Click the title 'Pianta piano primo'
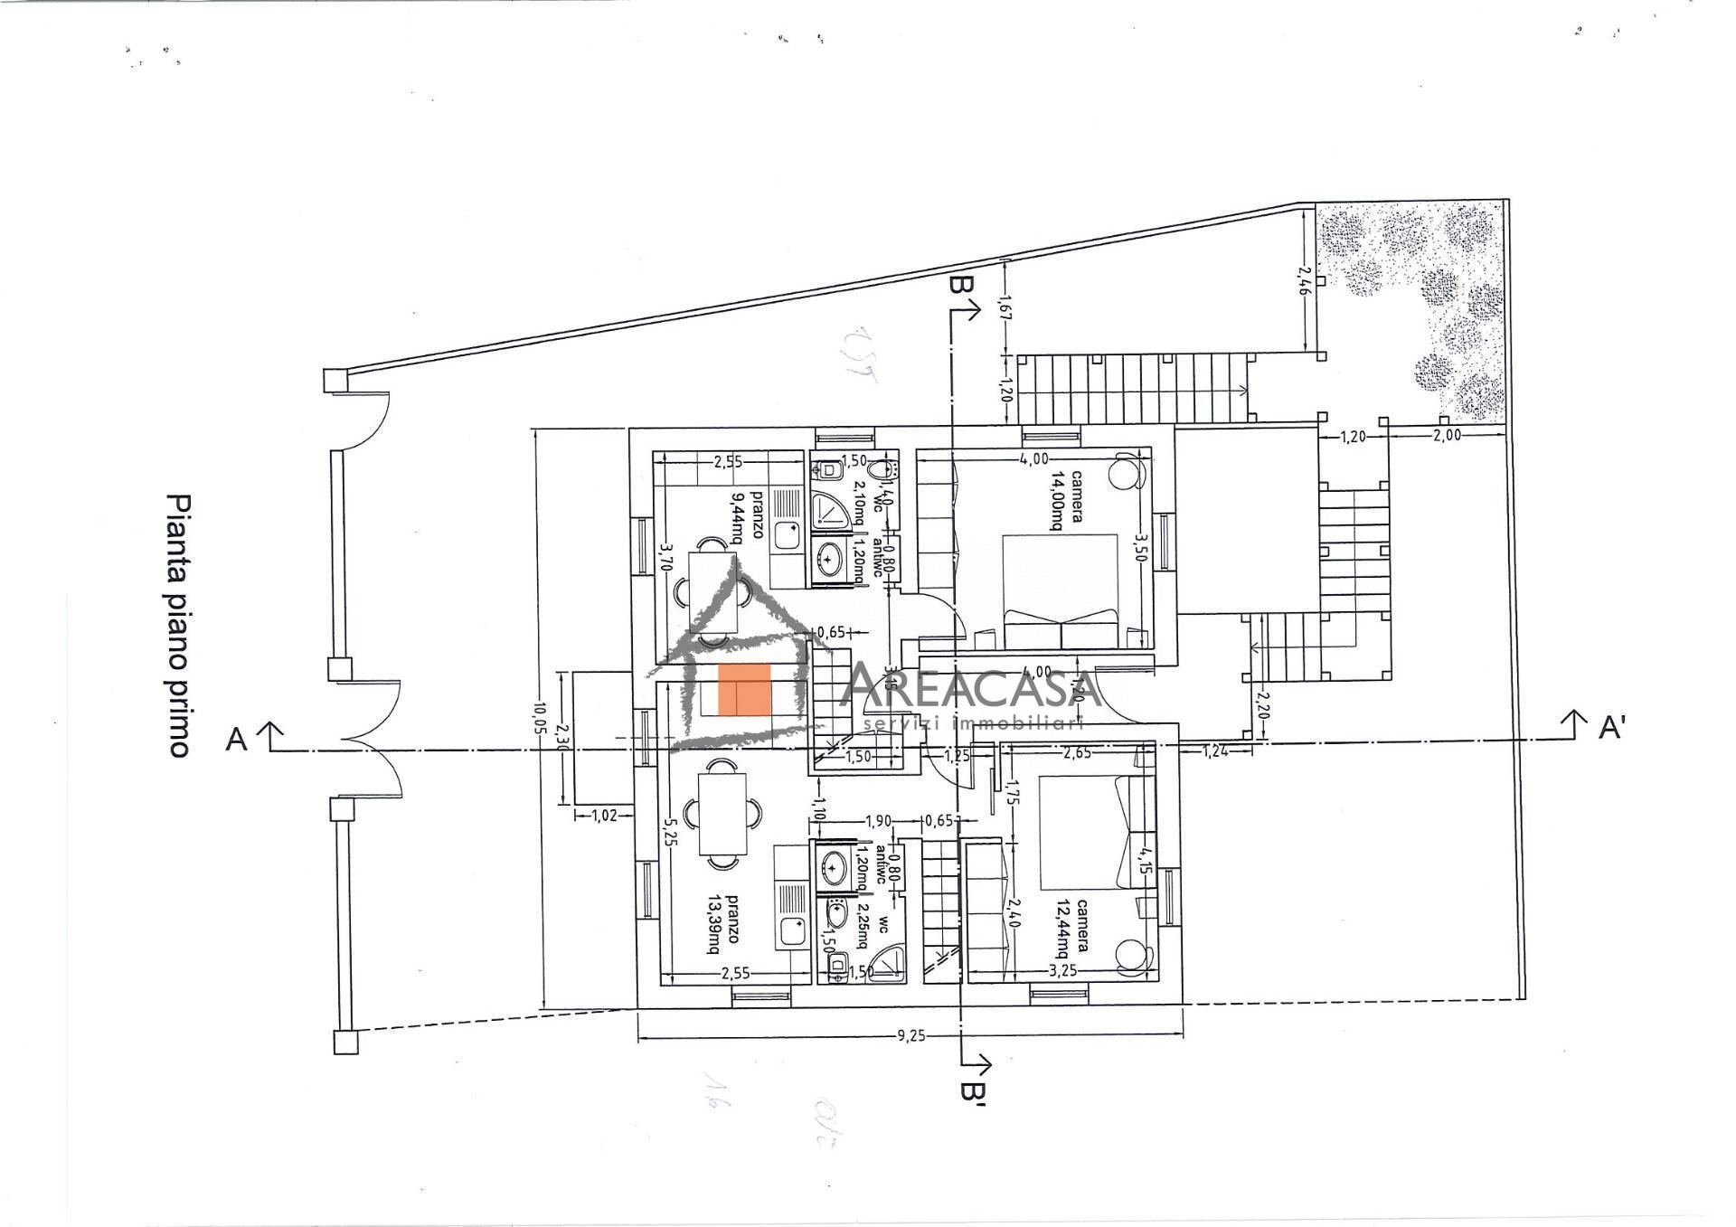(x=178, y=625)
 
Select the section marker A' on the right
(x=1612, y=727)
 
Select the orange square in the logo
(x=744, y=689)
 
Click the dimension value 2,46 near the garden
(x=1303, y=281)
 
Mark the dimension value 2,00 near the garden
(x=1447, y=435)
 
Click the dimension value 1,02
(x=603, y=816)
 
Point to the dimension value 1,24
(x=1215, y=750)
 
